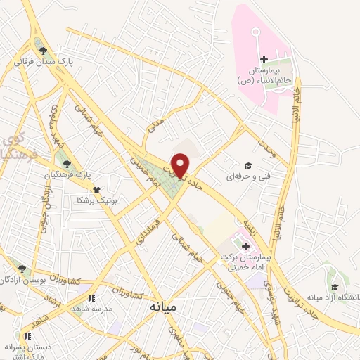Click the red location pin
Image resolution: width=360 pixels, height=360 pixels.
181,165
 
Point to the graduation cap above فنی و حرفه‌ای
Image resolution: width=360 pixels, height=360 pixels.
247,164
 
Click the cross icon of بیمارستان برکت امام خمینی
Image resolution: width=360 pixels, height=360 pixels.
245,246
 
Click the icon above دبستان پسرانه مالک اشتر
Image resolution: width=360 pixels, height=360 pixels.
27,336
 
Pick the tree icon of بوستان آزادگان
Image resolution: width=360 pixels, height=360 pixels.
22,268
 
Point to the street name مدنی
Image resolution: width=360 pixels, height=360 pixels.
155,124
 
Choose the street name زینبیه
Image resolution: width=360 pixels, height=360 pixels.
251,225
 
